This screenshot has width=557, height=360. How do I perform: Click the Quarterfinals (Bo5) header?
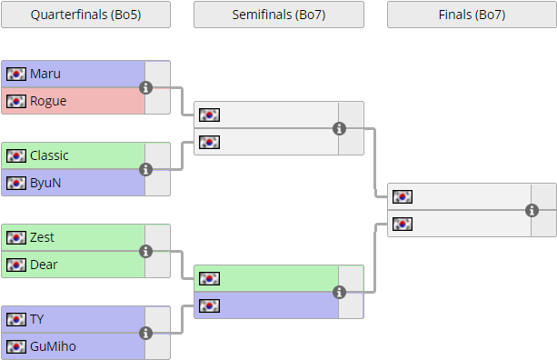(x=85, y=15)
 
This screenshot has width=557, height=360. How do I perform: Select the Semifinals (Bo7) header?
(x=279, y=15)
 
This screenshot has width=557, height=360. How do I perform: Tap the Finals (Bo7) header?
(x=472, y=15)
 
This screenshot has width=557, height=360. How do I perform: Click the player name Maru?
(x=45, y=74)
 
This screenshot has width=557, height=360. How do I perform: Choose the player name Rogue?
(x=48, y=101)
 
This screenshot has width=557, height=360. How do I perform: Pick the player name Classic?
(x=49, y=155)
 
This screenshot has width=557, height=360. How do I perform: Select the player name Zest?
(x=42, y=237)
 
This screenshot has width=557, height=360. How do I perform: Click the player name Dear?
(x=44, y=265)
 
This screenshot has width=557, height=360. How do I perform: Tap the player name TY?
(x=37, y=319)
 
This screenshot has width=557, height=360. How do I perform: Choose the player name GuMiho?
(x=53, y=346)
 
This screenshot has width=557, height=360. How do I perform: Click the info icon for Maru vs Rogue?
(x=145, y=87)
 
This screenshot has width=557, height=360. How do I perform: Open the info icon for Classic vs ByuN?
(x=145, y=169)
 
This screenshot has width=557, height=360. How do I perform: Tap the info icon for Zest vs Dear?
(x=145, y=251)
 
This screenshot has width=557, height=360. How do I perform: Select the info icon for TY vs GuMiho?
(x=145, y=333)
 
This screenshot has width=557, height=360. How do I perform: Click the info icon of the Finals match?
(x=532, y=210)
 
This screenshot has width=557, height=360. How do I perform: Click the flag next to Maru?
(x=16, y=74)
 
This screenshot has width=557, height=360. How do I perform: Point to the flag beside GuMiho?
(x=16, y=346)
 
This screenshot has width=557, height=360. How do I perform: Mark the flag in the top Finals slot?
(x=403, y=196)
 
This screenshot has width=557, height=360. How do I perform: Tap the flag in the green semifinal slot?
(x=209, y=278)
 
